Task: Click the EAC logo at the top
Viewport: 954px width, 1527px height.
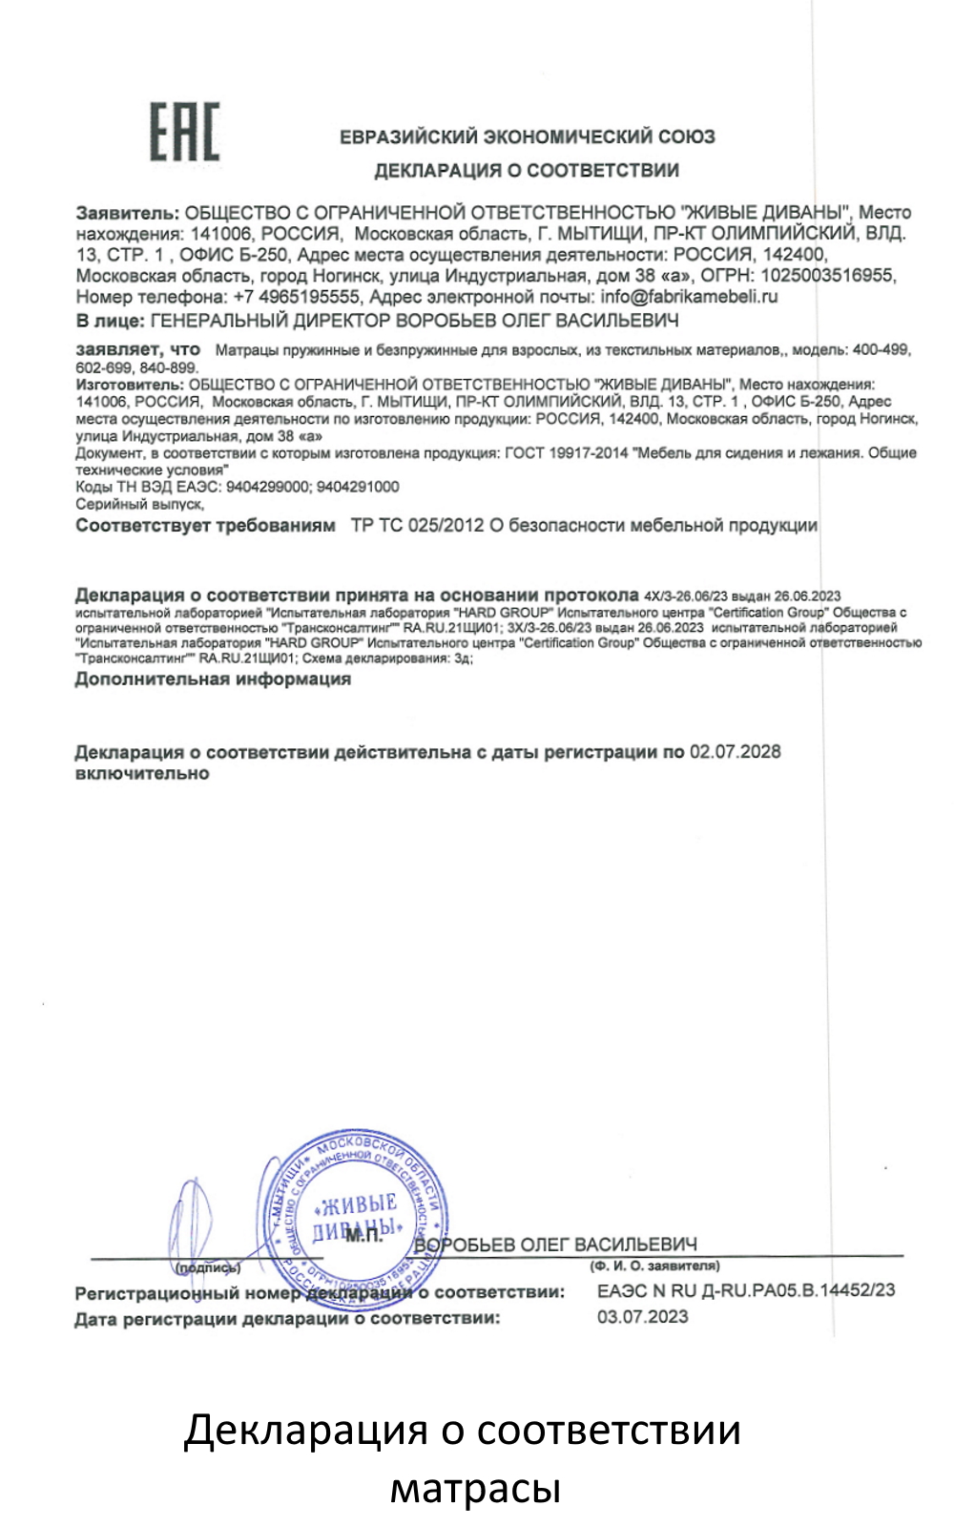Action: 184,131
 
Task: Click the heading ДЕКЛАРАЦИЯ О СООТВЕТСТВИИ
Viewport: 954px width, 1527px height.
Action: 527,171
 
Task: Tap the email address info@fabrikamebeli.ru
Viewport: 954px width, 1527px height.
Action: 689,297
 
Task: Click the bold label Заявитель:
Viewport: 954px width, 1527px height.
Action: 127,213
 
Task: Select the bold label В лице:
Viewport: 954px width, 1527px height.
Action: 110,320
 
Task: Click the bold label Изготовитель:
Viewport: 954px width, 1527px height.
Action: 130,384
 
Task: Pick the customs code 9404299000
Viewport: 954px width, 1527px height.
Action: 267,487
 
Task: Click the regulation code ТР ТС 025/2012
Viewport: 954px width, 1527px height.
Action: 417,525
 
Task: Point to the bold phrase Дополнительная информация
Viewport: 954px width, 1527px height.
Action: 213,680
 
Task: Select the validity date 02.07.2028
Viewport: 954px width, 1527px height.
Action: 735,752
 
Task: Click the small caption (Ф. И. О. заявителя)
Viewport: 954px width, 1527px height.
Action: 654,1266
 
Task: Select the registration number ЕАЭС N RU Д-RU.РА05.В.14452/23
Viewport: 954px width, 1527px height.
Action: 746,1290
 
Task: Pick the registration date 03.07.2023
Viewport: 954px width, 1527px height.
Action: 642,1317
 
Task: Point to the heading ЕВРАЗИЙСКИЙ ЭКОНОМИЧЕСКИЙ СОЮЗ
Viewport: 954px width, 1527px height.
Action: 527,136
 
